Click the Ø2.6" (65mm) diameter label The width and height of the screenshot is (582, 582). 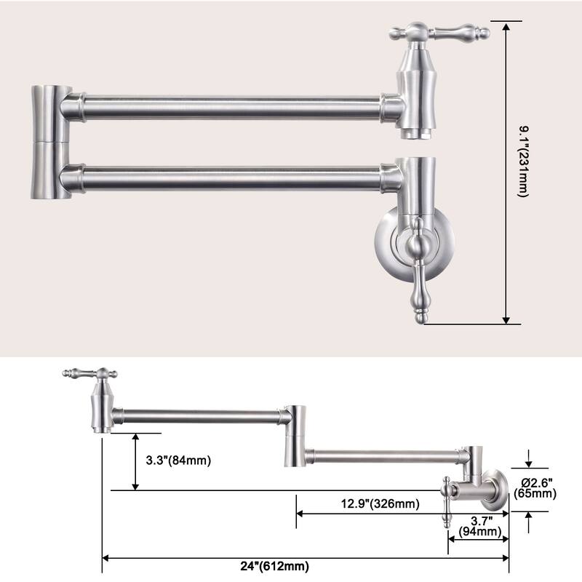coord(535,487)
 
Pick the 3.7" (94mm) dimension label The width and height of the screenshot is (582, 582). coord(481,526)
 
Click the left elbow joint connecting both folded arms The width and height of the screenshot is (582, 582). coord(49,141)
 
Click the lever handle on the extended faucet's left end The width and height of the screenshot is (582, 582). coord(89,375)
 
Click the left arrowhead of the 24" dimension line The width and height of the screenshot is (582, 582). coord(107,558)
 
